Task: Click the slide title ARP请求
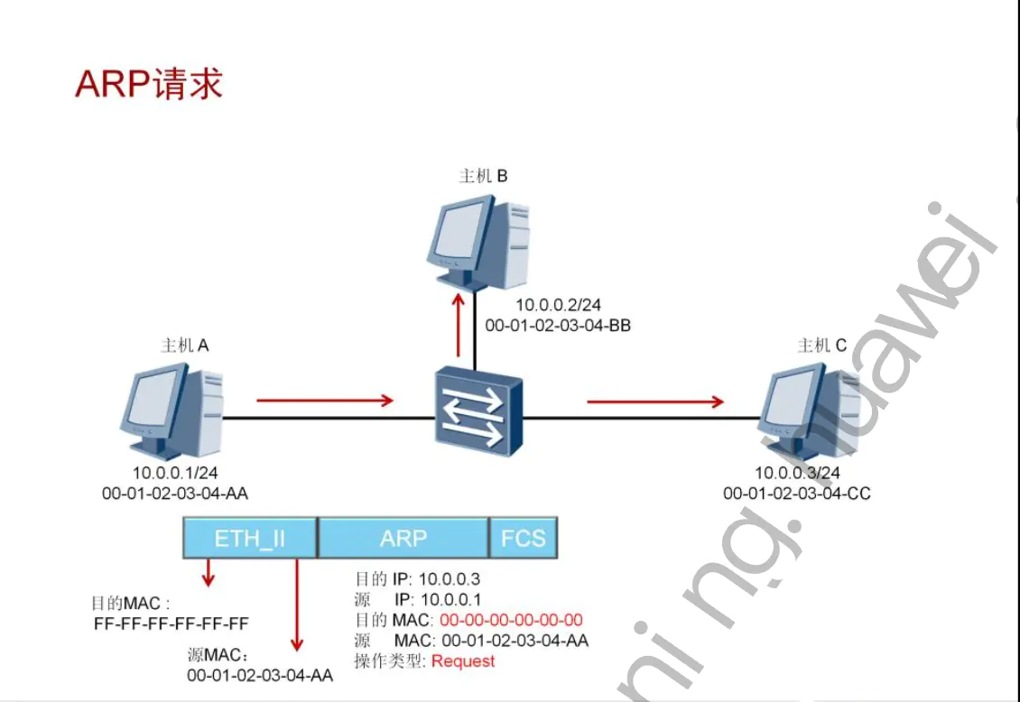point(149,84)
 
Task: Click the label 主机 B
point(483,176)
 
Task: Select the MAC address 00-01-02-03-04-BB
point(558,326)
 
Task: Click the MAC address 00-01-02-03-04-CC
point(797,494)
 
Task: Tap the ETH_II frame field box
point(250,539)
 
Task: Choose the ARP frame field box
point(403,539)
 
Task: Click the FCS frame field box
point(524,539)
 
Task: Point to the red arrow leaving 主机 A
point(325,400)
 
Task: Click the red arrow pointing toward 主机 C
point(655,401)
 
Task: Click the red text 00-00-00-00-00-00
point(511,620)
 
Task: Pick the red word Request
point(463,661)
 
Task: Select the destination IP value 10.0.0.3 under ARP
point(450,579)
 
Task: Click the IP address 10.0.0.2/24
point(558,306)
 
